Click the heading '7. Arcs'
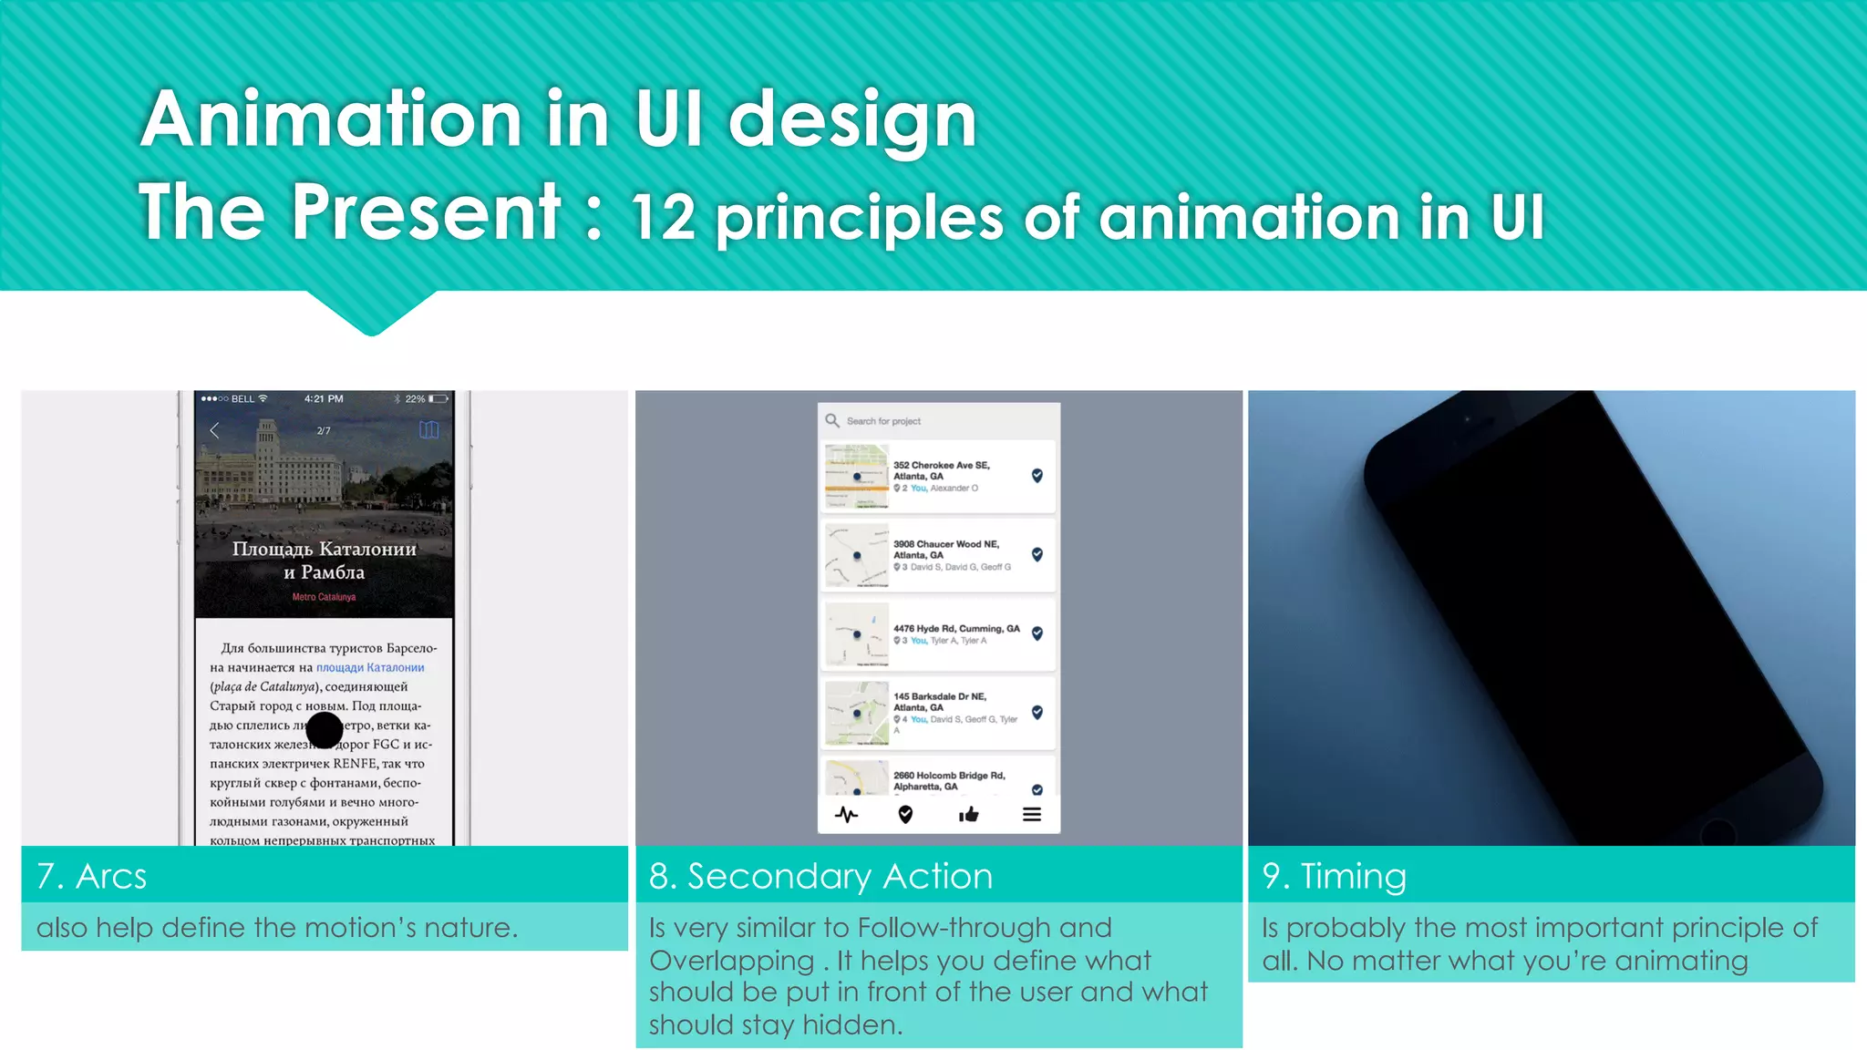[91, 876]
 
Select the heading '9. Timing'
[1334, 876]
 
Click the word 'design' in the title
[852, 120]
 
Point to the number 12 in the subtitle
[663, 219]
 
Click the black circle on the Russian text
[325, 730]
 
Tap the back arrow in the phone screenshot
[215, 430]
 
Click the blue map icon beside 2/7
[428, 429]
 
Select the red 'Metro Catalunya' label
[324, 597]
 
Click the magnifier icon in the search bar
[832, 420]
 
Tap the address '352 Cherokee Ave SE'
[941, 465]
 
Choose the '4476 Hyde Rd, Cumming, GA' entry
[955, 629]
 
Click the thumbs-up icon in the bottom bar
[968, 814]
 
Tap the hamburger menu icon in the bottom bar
[1031, 814]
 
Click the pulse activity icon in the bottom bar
[846, 814]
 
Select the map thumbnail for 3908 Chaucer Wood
[856, 555]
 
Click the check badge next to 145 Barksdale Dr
[1037, 712]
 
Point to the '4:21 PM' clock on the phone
[324, 398]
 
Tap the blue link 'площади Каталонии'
[370, 667]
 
